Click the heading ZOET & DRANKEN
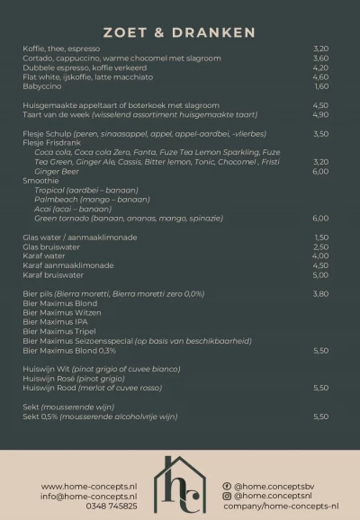[179, 33]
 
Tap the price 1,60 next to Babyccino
[321, 86]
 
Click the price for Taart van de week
[321, 114]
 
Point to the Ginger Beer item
[57, 171]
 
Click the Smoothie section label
[40, 180]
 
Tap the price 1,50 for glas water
[321, 238]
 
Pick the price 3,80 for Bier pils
[321, 294]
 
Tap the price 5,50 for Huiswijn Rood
[321, 388]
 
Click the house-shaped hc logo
[180, 486]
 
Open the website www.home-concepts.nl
[89, 487]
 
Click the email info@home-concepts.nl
[89, 496]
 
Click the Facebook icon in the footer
[227, 486]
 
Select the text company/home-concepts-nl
[281, 506]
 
